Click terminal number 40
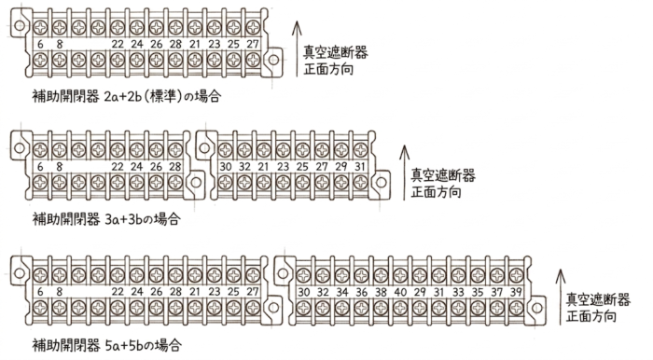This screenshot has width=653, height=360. point(400,292)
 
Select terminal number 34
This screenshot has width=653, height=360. point(342,292)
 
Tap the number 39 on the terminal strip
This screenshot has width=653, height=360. point(516,292)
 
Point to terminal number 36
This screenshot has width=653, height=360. point(362,292)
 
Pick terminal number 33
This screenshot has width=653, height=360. point(458,292)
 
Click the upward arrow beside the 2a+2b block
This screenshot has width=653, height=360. point(297,49)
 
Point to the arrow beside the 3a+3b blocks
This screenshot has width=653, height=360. point(404,173)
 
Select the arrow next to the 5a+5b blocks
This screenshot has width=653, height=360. point(561,298)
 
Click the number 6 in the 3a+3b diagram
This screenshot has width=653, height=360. point(40,166)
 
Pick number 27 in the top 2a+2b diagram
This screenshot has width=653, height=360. point(253,44)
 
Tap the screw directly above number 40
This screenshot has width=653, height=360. point(400,275)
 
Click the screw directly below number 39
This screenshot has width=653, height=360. point(516,309)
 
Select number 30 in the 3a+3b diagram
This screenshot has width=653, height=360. point(226,166)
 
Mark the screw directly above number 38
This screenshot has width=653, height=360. point(381,275)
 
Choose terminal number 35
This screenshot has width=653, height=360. point(478,292)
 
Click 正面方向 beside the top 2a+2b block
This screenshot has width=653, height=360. point(328,69)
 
